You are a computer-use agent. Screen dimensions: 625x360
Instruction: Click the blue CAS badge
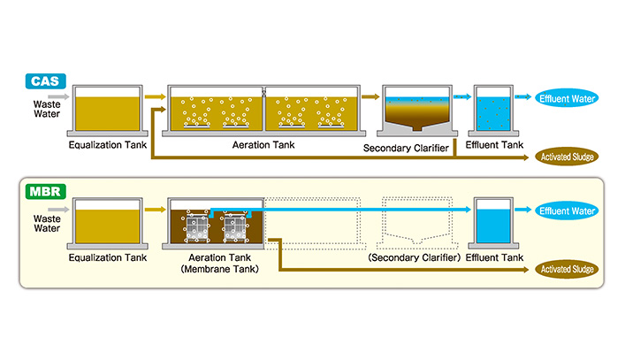click(x=45, y=81)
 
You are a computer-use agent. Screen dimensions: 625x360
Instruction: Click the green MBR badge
click(x=45, y=192)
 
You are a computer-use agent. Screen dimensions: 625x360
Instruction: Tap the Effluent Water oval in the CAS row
click(x=567, y=98)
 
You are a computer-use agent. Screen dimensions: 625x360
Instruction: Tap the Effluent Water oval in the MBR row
click(x=567, y=211)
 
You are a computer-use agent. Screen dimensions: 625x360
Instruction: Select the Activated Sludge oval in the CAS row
click(x=567, y=157)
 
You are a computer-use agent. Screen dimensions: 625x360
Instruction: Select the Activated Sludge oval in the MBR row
click(x=567, y=269)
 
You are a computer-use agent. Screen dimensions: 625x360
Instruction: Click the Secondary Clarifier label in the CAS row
click(x=406, y=149)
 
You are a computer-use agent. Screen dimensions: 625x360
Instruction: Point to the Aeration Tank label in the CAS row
click(x=263, y=145)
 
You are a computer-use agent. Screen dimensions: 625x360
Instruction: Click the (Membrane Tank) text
click(x=219, y=269)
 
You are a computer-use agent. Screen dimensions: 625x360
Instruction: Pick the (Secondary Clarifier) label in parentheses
click(x=414, y=257)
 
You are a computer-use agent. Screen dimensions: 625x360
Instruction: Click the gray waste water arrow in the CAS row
click(x=58, y=96)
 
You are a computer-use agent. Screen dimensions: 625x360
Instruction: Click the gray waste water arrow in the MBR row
click(x=58, y=210)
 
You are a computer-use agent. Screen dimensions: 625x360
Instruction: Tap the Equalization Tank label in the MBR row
click(x=108, y=257)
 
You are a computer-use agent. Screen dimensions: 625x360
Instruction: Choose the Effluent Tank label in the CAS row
click(x=494, y=145)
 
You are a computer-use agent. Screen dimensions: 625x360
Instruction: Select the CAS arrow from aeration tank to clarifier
click(x=370, y=96)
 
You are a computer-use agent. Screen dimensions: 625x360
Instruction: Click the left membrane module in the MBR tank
click(x=197, y=228)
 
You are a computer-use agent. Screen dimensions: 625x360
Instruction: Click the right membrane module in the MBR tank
click(x=235, y=228)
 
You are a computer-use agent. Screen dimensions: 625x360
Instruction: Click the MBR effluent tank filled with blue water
click(x=493, y=222)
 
